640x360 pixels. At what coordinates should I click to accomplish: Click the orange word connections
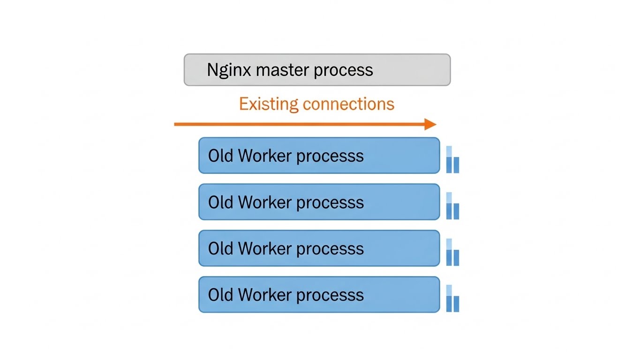pos(348,104)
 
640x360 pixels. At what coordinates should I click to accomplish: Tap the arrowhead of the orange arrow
pos(430,124)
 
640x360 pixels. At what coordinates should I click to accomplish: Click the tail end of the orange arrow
pos(176,124)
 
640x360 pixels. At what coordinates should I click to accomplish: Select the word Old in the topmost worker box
pos(220,156)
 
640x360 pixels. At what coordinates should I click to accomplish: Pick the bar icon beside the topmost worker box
pos(452,160)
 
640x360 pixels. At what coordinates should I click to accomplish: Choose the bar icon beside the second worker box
pos(452,206)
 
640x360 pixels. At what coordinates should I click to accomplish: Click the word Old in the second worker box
pos(220,202)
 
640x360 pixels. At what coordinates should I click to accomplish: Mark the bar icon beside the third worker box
pos(452,253)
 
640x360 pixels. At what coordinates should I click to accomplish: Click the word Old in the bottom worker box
pos(220,295)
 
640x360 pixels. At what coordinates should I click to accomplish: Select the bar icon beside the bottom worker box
pos(452,299)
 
